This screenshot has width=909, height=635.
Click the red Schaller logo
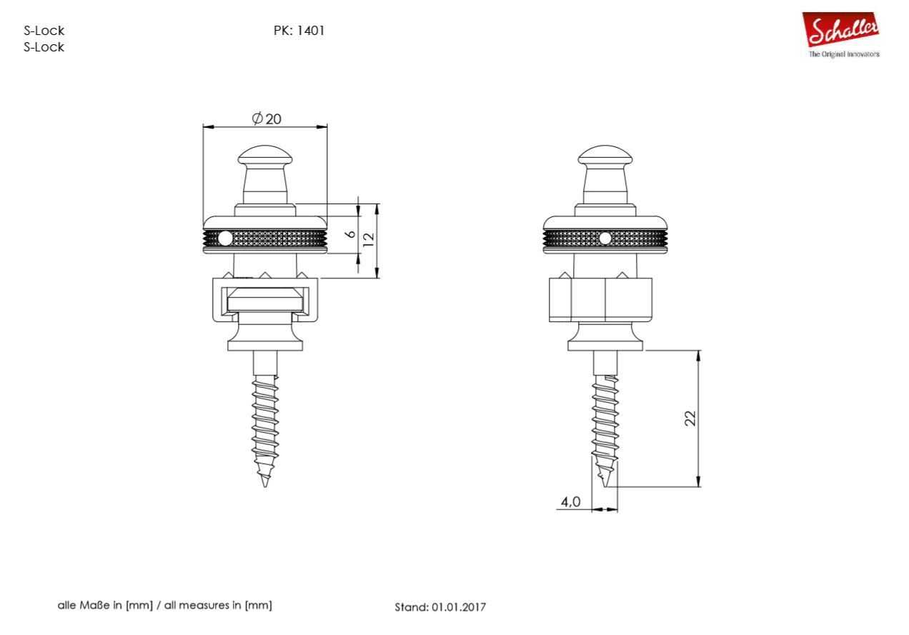click(840, 29)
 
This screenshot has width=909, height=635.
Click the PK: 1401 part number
click(299, 31)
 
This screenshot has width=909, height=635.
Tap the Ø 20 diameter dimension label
click(267, 119)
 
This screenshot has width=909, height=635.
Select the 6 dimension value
click(352, 234)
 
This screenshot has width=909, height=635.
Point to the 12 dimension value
click(368, 240)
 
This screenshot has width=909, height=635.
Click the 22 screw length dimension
click(690, 418)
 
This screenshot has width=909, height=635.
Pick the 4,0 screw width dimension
click(570, 502)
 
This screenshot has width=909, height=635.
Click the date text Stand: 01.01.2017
click(440, 607)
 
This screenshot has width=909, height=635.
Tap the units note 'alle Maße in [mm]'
click(105, 606)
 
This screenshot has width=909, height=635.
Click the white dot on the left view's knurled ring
click(225, 239)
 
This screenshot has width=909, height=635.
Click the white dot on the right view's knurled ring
click(605, 239)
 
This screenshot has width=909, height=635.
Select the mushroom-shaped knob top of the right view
click(605, 156)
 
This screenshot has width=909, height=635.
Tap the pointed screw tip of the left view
click(265, 486)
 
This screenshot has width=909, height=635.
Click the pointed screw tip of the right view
click(605, 486)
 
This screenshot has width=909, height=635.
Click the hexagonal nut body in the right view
click(600, 300)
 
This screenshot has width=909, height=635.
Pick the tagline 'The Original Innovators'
click(844, 54)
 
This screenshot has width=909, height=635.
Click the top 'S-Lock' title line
click(44, 31)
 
